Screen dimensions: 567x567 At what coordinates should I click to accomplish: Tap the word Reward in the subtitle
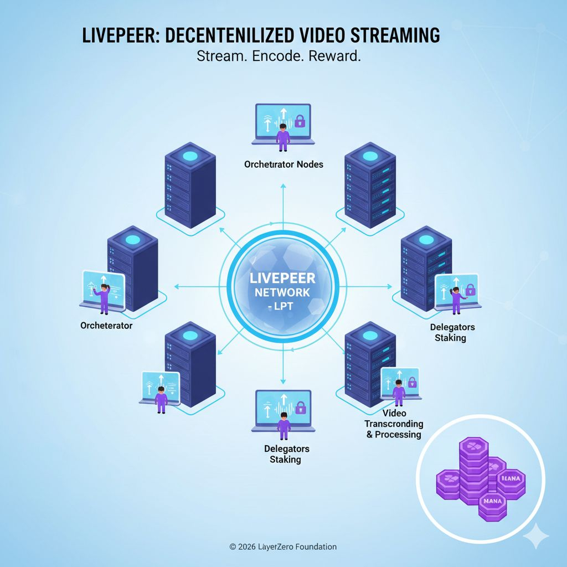point(334,56)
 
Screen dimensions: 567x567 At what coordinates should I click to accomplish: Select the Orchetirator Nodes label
point(283,164)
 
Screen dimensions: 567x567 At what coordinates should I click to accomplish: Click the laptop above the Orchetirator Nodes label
point(283,125)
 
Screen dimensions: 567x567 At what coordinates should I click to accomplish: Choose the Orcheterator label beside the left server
point(106,326)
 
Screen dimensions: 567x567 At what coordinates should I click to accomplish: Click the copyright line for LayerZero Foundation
point(283,547)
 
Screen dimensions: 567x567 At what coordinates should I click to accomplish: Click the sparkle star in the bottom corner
point(535,537)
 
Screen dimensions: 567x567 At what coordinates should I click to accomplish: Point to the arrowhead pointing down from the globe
point(283,381)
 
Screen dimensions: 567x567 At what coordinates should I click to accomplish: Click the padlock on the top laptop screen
point(300,120)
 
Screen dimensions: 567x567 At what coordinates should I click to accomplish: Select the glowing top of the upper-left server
point(190,156)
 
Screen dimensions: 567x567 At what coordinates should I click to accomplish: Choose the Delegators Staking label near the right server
point(452,332)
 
